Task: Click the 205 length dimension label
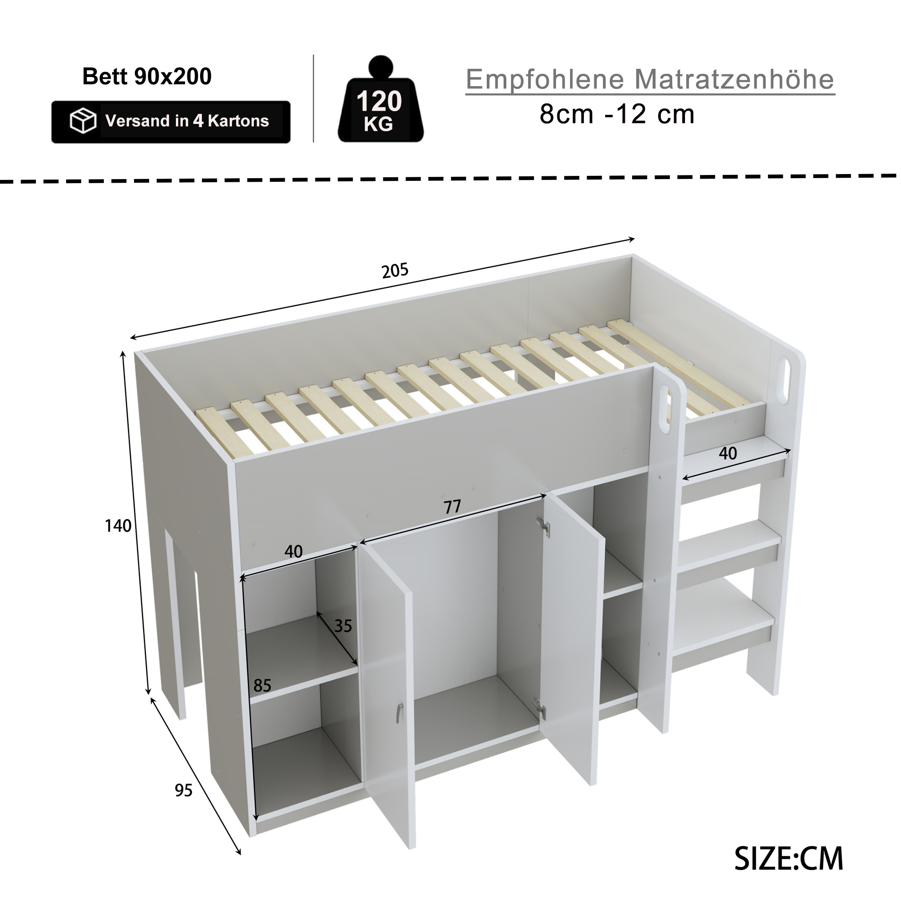[x=395, y=271]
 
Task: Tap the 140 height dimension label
[x=118, y=526]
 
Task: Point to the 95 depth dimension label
[x=183, y=791]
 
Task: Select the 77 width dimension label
[x=452, y=507]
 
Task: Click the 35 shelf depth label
[x=343, y=626]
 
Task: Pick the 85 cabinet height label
[x=262, y=685]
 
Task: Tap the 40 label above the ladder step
[x=727, y=453]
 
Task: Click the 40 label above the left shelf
[x=293, y=552]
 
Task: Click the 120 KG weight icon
[x=380, y=99]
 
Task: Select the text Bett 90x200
[x=147, y=76]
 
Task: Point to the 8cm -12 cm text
[x=617, y=114]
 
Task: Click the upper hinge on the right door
[x=542, y=525]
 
